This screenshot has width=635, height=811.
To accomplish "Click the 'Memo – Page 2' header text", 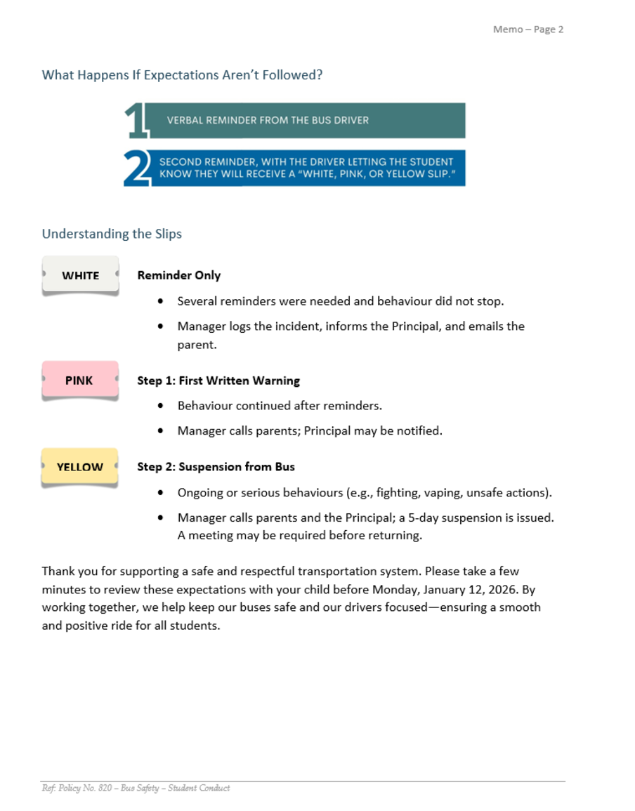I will pyautogui.click(x=528, y=29).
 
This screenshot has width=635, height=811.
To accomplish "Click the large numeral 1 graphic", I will pyautogui.click(x=136, y=121).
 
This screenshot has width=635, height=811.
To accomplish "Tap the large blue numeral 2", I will pyautogui.click(x=137, y=169).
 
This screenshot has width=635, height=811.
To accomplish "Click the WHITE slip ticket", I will pyautogui.click(x=80, y=275).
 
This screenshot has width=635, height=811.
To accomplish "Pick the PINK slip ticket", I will pyautogui.click(x=79, y=381).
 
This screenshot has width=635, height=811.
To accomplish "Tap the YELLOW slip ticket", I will pyautogui.click(x=79, y=467).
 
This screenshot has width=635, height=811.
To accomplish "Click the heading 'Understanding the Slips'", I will pyautogui.click(x=112, y=234).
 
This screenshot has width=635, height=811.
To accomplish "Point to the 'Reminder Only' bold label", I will pyautogui.click(x=179, y=275).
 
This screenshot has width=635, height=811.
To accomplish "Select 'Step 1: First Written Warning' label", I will pyautogui.click(x=218, y=381).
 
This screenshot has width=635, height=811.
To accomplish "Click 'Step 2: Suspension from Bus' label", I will pyautogui.click(x=216, y=467).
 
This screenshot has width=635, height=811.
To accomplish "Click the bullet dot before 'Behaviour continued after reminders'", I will pyautogui.click(x=162, y=406).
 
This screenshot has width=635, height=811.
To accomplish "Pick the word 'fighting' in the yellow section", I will pyautogui.click(x=398, y=492).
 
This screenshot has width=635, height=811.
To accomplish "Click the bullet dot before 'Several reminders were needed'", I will pyautogui.click(x=162, y=301).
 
